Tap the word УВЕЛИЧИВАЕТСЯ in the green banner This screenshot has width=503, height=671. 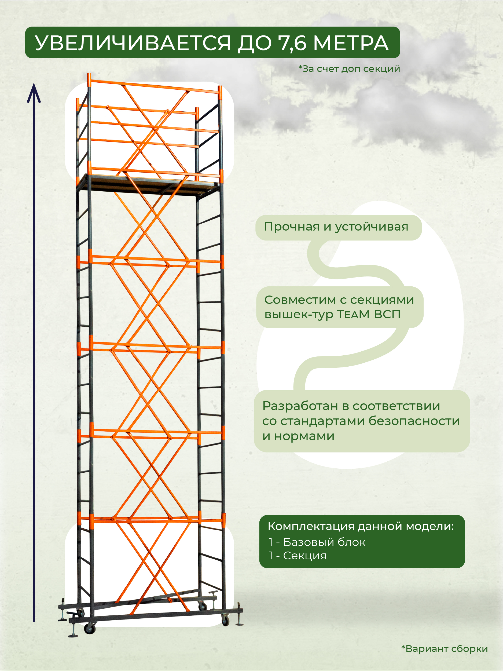(x=133, y=43)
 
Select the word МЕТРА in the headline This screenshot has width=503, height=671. (x=351, y=43)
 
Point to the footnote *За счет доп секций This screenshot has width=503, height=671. (x=349, y=69)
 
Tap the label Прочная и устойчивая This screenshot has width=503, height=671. (x=336, y=227)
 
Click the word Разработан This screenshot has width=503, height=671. (x=300, y=406)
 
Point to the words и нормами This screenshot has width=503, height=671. (x=298, y=436)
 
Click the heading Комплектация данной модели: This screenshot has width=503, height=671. (x=361, y=526)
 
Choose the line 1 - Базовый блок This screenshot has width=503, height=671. (x=317, y=542)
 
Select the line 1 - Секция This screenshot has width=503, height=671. (x=297, y=556)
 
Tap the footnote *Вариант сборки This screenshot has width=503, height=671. (x=445, y=649)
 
